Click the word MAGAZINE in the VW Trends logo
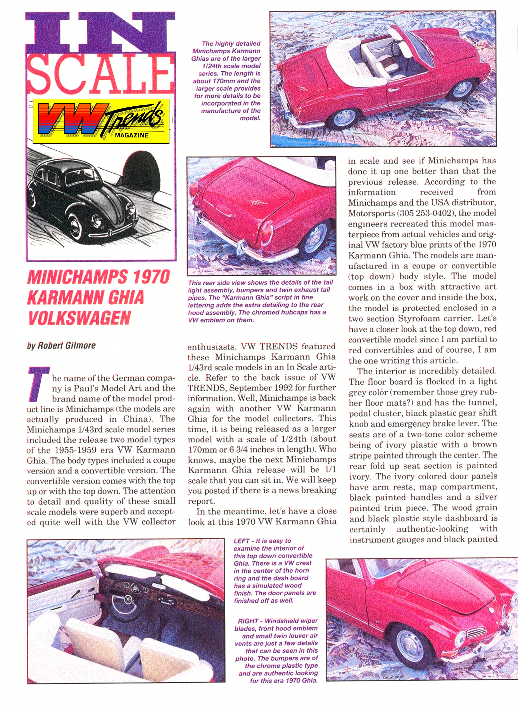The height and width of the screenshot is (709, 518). [132, 135]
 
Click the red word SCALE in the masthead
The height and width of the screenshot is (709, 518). [100, 75]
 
